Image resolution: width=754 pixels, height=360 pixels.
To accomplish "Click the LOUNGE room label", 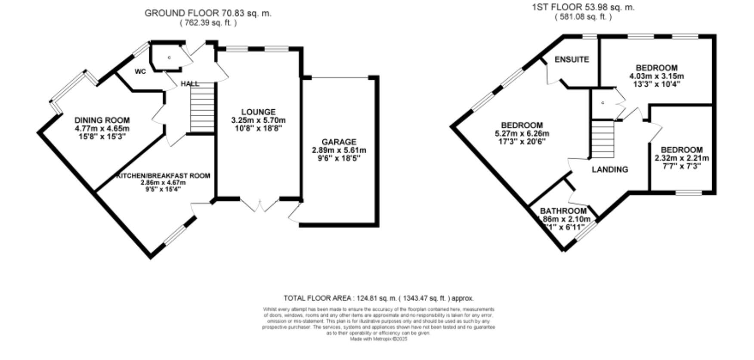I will (x=258, y=112).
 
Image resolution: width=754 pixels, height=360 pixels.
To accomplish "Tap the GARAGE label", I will (x=339, y=142).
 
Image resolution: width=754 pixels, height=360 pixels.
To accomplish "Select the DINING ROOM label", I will (x=102, y=120).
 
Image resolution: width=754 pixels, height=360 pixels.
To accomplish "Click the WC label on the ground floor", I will (x=140, y=71).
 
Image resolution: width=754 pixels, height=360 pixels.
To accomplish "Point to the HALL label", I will (x=190, y=84).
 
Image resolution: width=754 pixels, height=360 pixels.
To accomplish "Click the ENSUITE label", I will (x=572, y=59).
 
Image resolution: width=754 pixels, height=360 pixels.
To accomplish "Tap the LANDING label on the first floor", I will (x=610, y=169).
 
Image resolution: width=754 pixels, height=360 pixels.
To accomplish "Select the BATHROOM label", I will (x=563, y=211).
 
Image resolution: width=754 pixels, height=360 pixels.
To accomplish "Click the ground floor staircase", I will (x=202, y=108).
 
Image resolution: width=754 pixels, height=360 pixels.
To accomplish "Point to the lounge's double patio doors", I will (x=260, y=206).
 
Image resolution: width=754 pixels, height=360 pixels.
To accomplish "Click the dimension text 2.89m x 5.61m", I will (x=339, y=150).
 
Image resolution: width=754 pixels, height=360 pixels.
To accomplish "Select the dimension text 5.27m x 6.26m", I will (x=521, y=133).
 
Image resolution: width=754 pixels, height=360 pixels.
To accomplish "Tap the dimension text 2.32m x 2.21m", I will (x=682, y=158).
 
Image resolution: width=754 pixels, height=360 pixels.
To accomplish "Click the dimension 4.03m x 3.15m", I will (x=657, y=76).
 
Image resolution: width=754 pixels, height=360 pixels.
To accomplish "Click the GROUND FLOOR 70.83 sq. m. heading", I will (x=208, y=13).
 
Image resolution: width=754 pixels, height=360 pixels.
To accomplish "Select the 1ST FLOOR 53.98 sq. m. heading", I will (x=583, y=7).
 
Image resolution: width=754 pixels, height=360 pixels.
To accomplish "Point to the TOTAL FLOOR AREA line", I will (x=378, y=298).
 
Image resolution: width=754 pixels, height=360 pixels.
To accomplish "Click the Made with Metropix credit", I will (x=378, y=339).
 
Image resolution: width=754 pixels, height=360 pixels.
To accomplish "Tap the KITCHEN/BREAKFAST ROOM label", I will (x=163, y=176).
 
